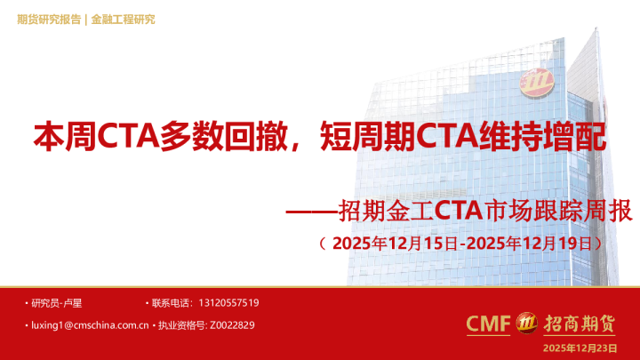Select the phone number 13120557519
coord(229,303)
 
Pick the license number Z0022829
coord(233,325)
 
